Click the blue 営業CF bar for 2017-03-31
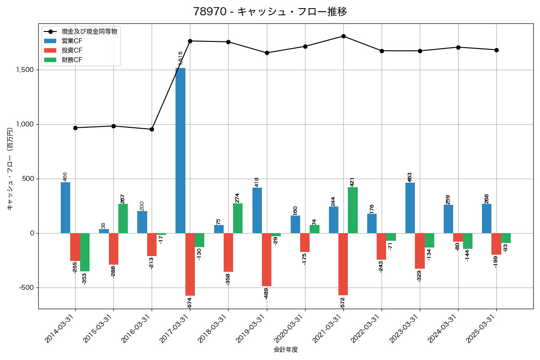[x=180, y=150]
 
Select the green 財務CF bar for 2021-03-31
[x=353, y=210]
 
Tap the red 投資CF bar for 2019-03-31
[x=266, y=260]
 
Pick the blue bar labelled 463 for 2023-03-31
[x=410, y=208]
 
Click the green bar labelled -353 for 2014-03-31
[x=85, y=252]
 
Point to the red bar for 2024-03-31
[x=458, y=238]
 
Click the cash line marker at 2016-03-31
[x=152, y=129]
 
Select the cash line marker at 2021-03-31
[x=343, y=36]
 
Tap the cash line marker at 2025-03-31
[x=496, y=50]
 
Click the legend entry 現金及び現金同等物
[x=90, y=31]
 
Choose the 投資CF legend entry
[x=72, y=50]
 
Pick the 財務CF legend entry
[x=72, y=59]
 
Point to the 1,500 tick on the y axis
[x=26, y=70]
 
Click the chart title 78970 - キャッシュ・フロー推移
[x=270, y=11]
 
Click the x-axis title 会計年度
[x=286, y=350]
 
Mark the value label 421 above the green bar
[x=352, y=182]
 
